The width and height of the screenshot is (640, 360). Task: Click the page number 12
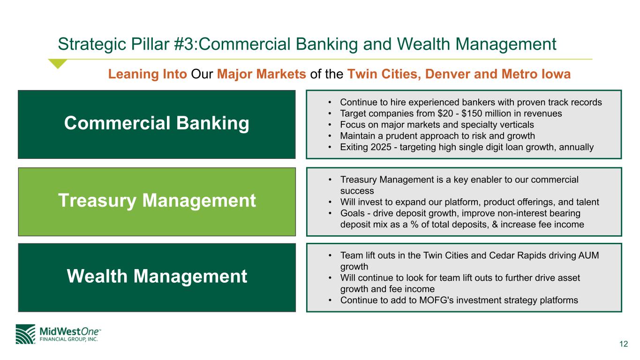pos(624,344)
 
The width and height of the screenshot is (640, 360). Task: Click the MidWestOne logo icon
pos(25,334)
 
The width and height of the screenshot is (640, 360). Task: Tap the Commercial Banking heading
pos(157,123)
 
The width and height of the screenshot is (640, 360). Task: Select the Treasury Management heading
pos(157,201)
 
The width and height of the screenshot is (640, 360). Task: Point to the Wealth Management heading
pos(157,276)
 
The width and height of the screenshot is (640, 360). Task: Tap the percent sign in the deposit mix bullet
pos(414,225)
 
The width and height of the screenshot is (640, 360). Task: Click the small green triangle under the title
pos(58,63)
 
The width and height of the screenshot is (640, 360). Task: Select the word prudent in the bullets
pos(405,136)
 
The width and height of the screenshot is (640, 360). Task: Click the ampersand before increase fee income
pos(495,225)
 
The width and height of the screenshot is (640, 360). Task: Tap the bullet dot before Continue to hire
pos(330,102)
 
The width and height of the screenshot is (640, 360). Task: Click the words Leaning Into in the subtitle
pos(147,74)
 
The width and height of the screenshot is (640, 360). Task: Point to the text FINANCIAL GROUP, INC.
pos(68,339)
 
